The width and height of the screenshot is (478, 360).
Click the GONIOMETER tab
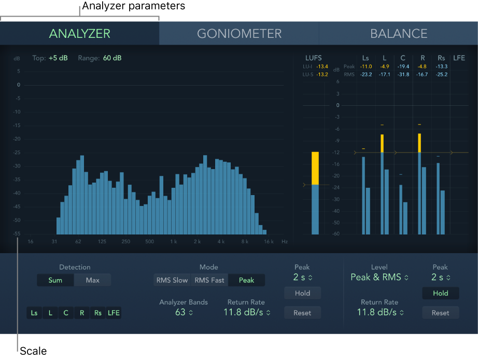click(239, 34)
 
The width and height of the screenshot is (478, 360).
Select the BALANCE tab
click(399, 34)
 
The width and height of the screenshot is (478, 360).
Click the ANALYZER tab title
click(80, 34)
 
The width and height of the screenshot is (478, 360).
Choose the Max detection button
click(93, 280)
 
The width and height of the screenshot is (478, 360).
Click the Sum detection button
click(55, 280)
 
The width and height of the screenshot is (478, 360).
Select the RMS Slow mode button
click(172, 280)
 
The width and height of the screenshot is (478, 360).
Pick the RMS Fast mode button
click(209, 280)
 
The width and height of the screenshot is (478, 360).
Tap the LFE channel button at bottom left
click(114, 313)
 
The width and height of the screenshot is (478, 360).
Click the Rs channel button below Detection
click(97, 313)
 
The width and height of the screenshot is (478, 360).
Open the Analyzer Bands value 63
click(184, 312)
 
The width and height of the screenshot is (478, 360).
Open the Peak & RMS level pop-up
click(379, 277)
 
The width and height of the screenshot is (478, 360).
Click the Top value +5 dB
click(58, 58)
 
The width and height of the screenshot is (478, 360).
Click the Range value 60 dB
click(112, 58)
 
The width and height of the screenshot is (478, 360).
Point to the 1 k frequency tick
click(174, 242)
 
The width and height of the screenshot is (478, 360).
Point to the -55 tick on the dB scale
click(17, 234)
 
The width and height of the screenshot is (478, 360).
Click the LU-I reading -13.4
click(322, 66)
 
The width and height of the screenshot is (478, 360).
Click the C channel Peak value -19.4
click(403, 66)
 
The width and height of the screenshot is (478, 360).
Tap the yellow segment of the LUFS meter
click(315, 168)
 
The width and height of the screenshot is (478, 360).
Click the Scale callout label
click(33, 351)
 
